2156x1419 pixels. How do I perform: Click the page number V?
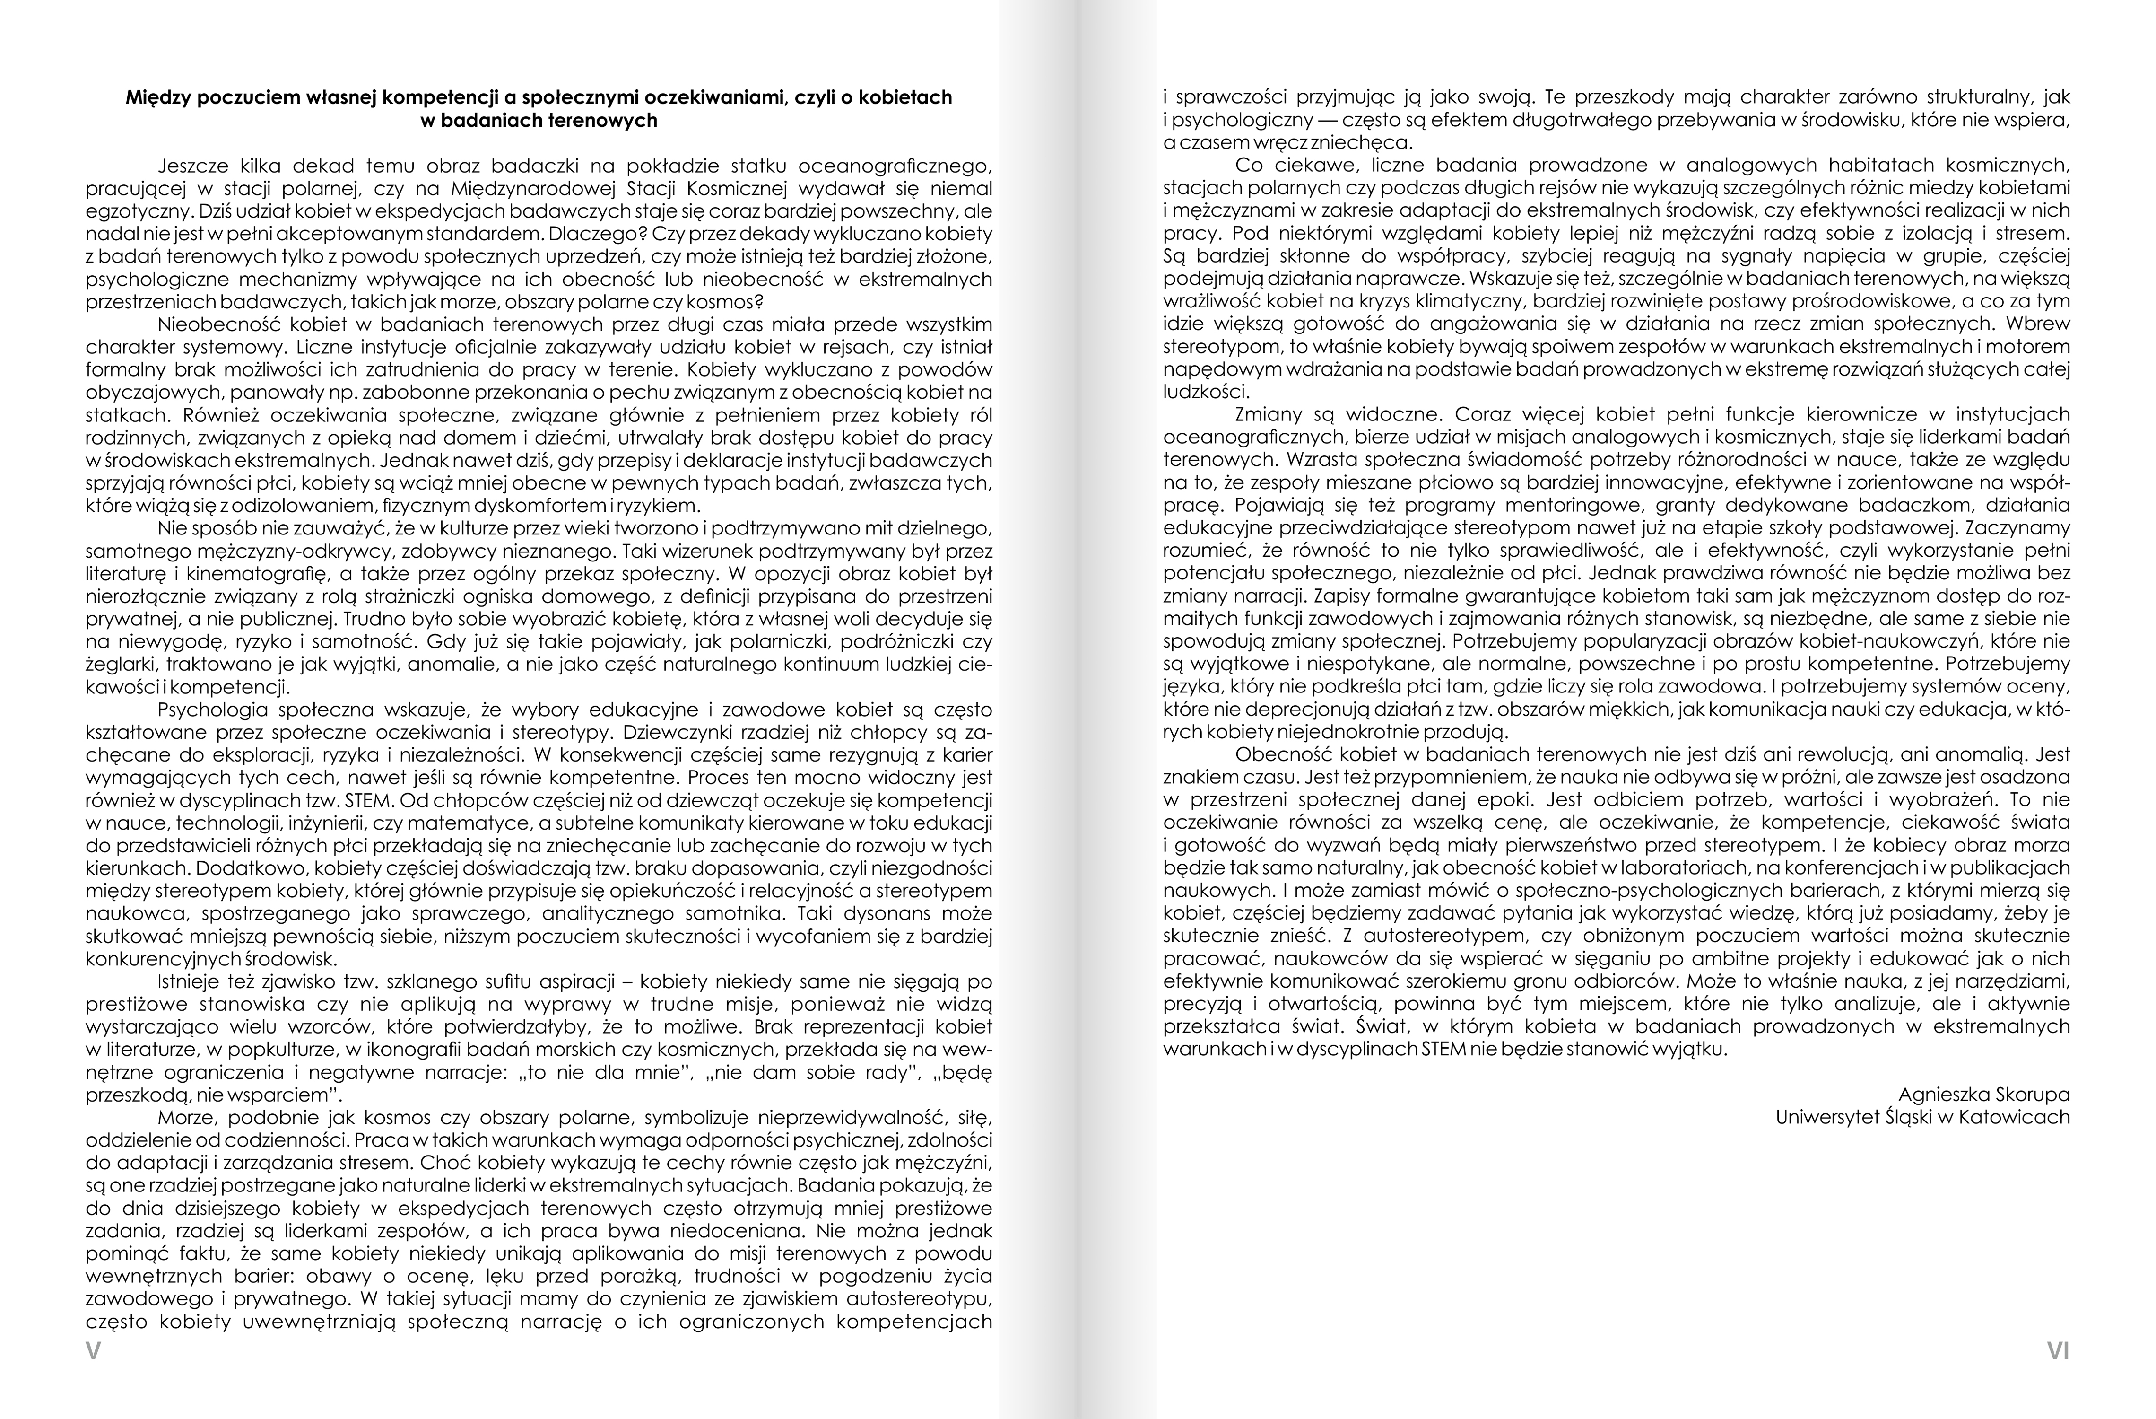(x=92, y=1351)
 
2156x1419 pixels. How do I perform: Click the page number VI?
(x=2058, y=1351)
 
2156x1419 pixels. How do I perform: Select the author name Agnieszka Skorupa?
(x=1984, y=1095)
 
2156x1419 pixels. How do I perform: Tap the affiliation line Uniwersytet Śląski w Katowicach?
(x=1922, y=1117)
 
